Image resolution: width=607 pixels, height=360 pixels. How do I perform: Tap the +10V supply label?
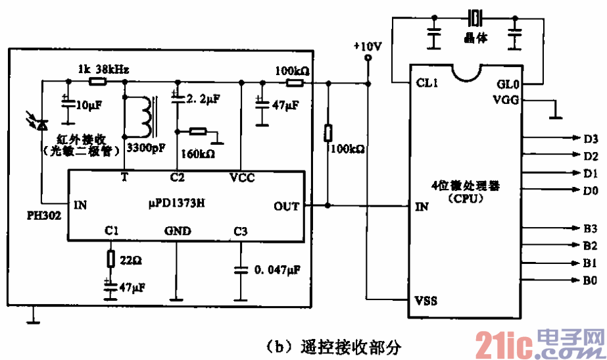pyautogui.click(x=367, y=47)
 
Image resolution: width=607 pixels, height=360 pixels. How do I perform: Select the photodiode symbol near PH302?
pyautogui.click(x=41, y=123)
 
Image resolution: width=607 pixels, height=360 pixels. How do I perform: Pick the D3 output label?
pyautogui.click(x=590, y=139)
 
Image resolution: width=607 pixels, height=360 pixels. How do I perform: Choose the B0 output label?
pyautogui.click(x=590, y=280)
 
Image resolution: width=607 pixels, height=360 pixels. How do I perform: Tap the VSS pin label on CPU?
pyautogui.click(x=426, y=301)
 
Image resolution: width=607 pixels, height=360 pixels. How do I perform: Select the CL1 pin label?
pyautogui.click(x=428, y=84)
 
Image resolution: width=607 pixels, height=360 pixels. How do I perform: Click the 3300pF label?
pyautogui.click(x=145, y=149)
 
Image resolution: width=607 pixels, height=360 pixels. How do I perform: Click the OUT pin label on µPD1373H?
pyautogui.click(x=286, y=206)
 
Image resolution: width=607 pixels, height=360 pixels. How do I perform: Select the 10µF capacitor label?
pyautogui.click(x=88, y=104)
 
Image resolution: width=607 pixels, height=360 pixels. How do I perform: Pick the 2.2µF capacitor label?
pyautogui.click(x=203, y=99)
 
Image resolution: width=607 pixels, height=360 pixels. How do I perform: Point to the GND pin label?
pyautogui.click(x=177, y=232)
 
